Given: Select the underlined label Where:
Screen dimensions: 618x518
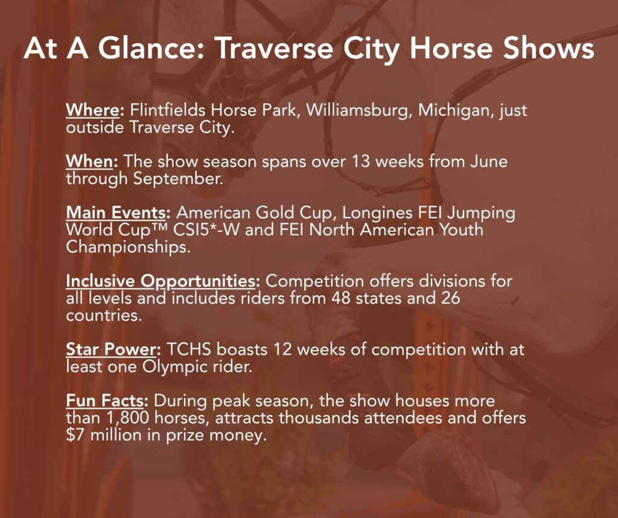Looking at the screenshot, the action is coord(95,110).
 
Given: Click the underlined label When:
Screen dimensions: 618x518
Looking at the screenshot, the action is coord(92,161).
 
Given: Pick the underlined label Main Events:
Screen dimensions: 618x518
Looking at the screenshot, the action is coord(118,213).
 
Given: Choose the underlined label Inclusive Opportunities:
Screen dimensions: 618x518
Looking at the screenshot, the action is coord(163,281).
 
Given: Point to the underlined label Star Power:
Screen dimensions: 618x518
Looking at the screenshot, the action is coord(113,350).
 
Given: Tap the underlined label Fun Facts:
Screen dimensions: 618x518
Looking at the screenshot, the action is coord(107,400).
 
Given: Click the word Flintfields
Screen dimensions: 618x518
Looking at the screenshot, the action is coord(168,110).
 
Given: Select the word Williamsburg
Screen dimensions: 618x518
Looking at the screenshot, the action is coord(360,110).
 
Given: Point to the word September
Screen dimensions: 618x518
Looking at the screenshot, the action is coord(178,179).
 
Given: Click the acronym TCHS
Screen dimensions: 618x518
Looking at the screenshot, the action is coord(189,350).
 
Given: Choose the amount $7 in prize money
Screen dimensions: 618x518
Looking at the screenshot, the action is coord(75,435).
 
